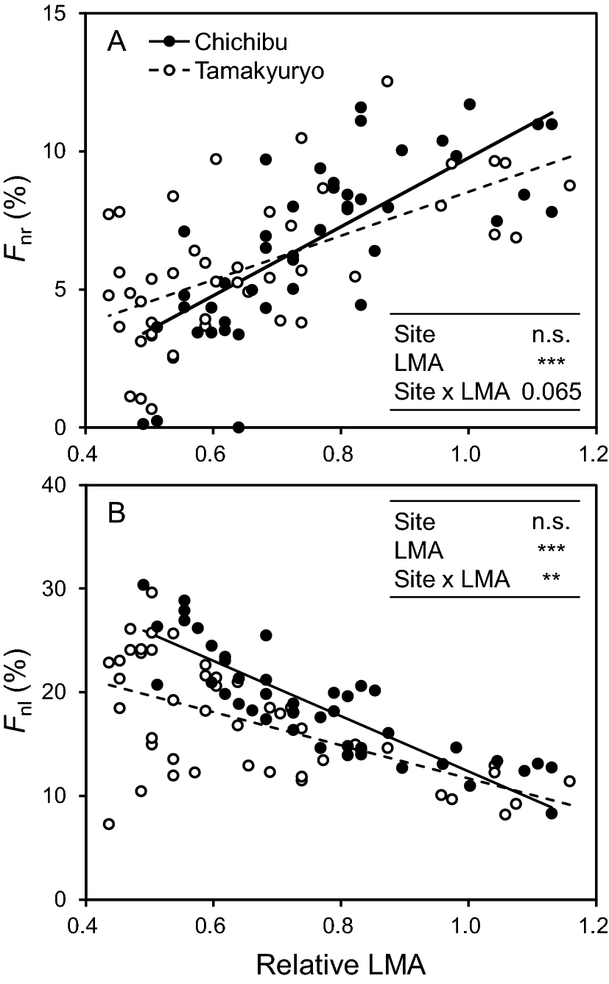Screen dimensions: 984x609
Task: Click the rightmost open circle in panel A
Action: tap(569, 185)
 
